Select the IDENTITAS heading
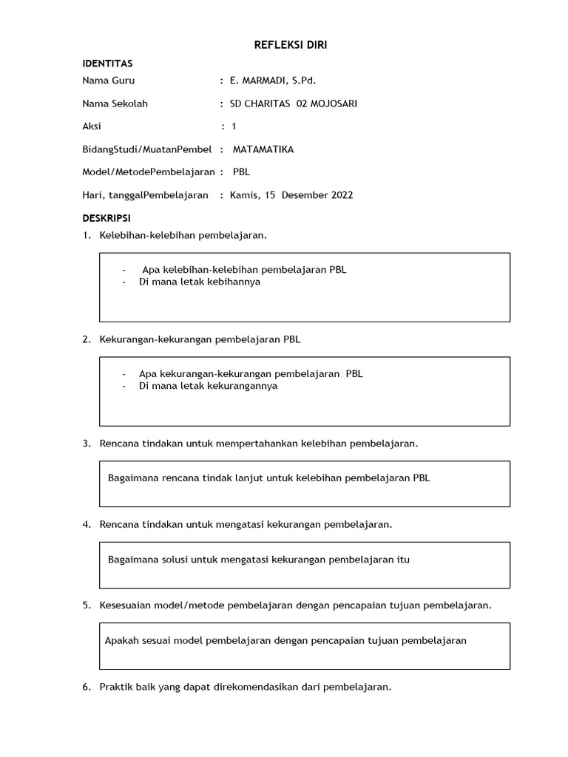click(x=107, y=64)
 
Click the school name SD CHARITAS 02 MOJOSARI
click(x=294, y=103)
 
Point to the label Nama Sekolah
click(x=115, y=103)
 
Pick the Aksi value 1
click(x=234, y=126)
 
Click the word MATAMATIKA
click(x=263, y=149)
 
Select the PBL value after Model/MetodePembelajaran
click(x=241, y=172)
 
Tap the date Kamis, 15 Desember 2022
click(x=291, y=195)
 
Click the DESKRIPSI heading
click(x=106, y=219)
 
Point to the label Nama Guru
click(x=109, y=81)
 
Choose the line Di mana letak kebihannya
click(x=200, y=282)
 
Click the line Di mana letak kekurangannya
click(x=208, y=386)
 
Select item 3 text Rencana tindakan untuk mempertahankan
click(x=259, y=444)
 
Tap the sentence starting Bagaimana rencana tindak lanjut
click(x=268, y=478)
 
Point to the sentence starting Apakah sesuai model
click(x=285, y=640)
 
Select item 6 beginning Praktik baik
click(x=245, y=687)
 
